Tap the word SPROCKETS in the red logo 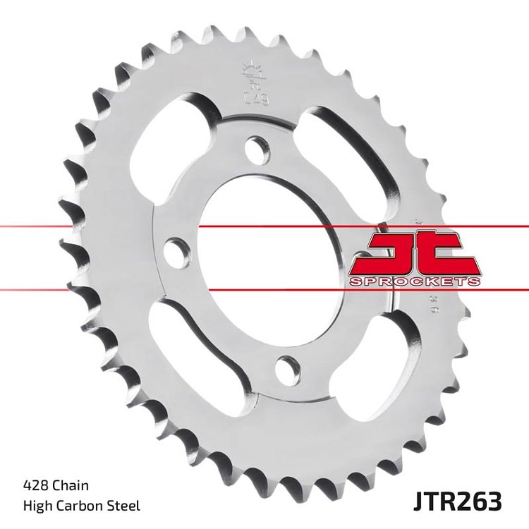click(415, 281)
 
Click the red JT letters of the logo click(415, 253)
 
